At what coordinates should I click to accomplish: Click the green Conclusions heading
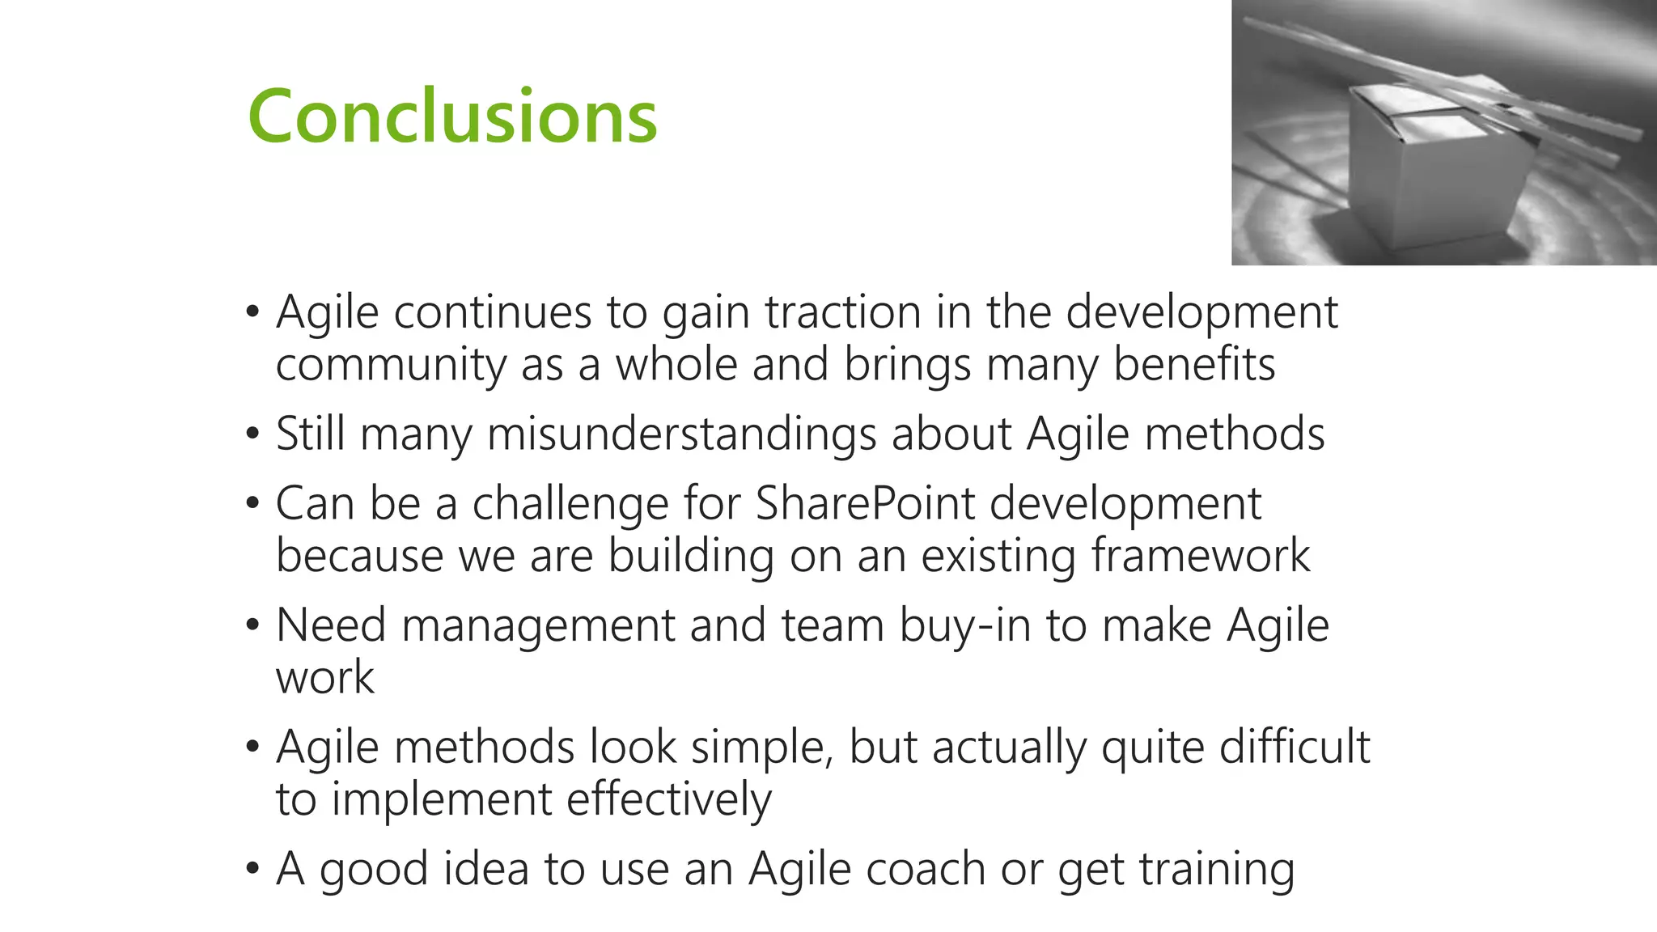[452, 116]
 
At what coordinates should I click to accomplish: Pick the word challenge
[570, 505]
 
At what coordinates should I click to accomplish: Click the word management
[538, 626]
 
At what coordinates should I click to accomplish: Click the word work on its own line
[324, 678]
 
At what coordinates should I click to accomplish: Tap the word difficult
[1295, 747]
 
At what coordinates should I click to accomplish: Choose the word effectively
[668, 800]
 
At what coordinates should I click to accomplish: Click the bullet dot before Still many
[253, 434]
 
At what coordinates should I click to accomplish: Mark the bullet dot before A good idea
[253, 870]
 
